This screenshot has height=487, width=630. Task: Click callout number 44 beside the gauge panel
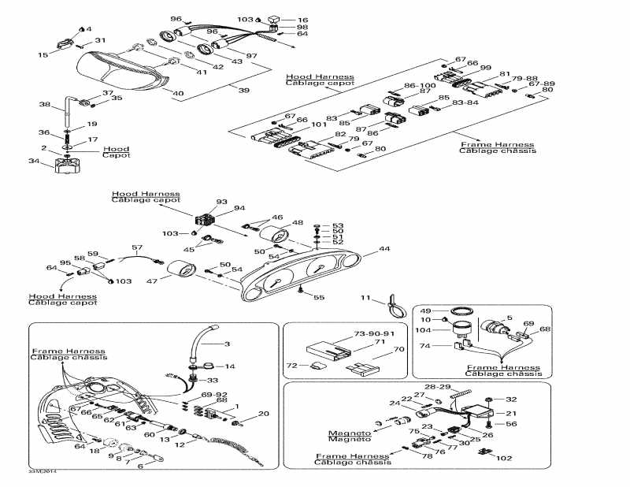pyautogui.click(x=384, y=249)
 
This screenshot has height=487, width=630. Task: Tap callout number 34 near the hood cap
pyautogui.click(x=33, y=162)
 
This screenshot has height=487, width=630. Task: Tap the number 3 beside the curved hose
pyautogui.click(x=228, y=344)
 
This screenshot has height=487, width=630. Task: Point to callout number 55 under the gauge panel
pyautogui.click(x=318, y=297)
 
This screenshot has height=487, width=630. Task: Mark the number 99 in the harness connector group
pyautogui.click(x=485, y=68)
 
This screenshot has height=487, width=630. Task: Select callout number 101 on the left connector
pyautogui.click(x=318, y=125)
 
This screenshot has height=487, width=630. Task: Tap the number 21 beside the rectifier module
pyautogui.click(x=511, y=412)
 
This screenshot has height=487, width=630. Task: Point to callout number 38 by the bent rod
pyautogui.click(x=45, y=104)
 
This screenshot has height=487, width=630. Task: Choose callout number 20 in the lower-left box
pyautogui.click(x=264, y=413)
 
